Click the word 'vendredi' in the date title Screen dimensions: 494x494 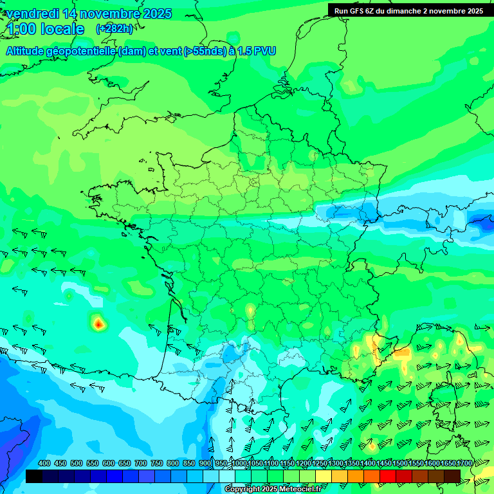click(33, 14)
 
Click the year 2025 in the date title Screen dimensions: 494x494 click(154, 14)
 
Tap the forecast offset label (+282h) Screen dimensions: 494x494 click(114, 28)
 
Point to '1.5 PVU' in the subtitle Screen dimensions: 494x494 click(257, 51)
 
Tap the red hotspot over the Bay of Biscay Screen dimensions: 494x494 click(98, 324)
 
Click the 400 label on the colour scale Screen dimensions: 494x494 click(44, 464)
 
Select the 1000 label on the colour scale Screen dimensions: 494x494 click(240, 464)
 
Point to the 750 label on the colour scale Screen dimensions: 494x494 click(157, 464)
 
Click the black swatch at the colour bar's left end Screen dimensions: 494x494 click(34, 476)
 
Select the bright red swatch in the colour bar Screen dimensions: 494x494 click(388, 476)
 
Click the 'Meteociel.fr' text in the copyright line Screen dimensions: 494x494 click(297, 489)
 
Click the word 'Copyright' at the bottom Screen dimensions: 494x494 click(242, 489)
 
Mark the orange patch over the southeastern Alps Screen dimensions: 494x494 click(401, 353)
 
